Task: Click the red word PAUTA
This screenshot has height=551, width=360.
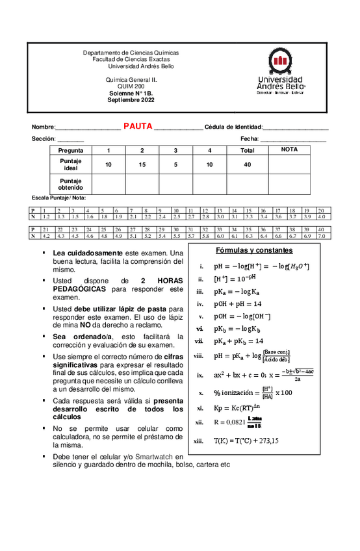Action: pyautogui.click(x=138, y=126)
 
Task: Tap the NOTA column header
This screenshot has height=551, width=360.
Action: pyautogui.click(x=290, y=149)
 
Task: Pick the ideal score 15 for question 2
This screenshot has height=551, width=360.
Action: pyautogui.click(x=142, y=164)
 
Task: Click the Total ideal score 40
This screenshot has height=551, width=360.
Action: pyautogui.click(x=247, y=164)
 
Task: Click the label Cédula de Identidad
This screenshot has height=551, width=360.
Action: pyautogui.click(x=233, y=127)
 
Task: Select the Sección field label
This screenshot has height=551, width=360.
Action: pyautogui.click(x=44, y=139)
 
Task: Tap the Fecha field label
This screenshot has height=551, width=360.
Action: pyautogui.click(x=250, y=139)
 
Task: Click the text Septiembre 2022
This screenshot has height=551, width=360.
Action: pyautogui.click(x=131, y=100)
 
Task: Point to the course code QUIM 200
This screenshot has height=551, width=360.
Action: pyautogui.click(x=131, y=86)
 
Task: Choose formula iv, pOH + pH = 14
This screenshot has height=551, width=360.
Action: pyautogui.click(x=238, y=303)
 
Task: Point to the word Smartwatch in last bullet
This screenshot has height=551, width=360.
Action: pyautogui.click(x=155, y=457)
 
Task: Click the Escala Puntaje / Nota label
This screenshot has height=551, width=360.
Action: pyautogui.click(x=59, y=198)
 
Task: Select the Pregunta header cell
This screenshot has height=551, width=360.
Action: pyautogui.click(x=71, y=150)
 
